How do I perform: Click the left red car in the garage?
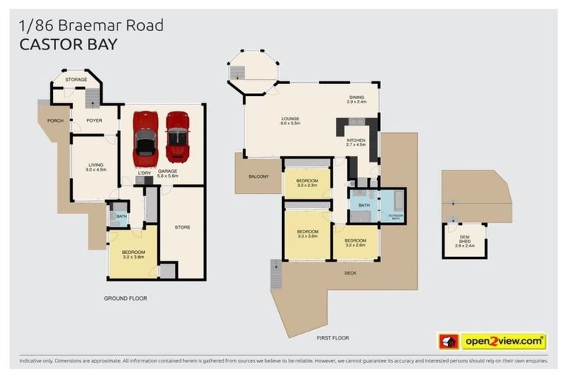145,138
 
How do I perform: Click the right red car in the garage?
177,137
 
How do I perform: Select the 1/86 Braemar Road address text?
90,25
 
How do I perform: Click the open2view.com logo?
504,342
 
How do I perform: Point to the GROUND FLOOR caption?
125,298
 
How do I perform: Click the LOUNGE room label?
289,120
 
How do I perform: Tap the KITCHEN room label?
356,142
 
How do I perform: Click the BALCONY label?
258,176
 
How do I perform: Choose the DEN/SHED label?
464,238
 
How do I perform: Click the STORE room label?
182,227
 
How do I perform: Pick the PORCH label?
54,120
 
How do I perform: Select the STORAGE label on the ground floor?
76,79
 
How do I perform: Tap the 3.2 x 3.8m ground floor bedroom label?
134,255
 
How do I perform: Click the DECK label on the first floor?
350,272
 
